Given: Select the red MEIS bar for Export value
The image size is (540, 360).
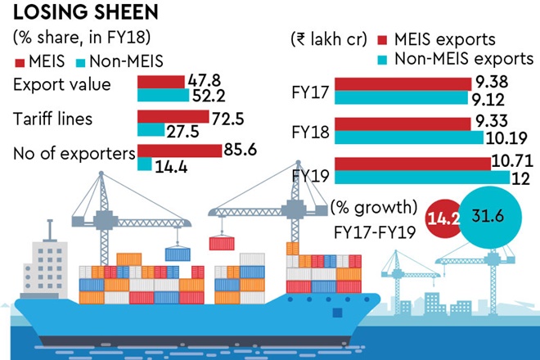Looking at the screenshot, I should (160, 82).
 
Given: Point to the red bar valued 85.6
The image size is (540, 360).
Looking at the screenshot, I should (179, 151).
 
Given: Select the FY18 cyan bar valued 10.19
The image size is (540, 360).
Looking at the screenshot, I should (409, 137).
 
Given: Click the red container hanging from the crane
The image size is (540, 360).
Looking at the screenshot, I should (223, 243).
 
